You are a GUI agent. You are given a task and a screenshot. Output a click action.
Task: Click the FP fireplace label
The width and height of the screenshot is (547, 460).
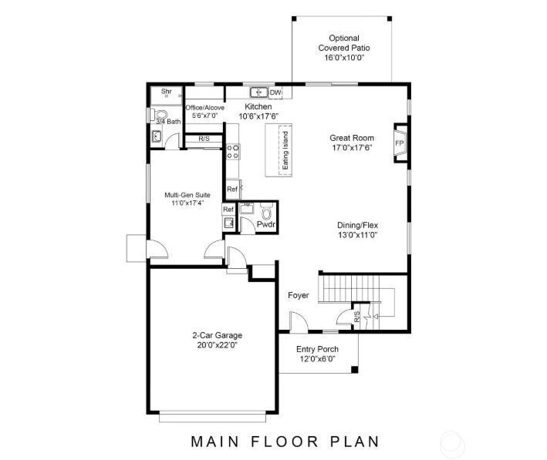399,143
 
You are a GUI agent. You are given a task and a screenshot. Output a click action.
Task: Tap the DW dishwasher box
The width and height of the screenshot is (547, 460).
275,93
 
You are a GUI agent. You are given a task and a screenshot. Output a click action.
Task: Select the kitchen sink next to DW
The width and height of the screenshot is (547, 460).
258,92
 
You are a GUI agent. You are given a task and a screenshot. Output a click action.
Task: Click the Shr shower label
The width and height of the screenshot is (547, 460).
166,92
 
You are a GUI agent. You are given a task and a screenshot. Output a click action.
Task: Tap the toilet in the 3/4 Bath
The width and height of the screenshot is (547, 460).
152,116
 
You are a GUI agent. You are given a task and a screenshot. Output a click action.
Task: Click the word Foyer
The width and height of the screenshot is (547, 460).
299,295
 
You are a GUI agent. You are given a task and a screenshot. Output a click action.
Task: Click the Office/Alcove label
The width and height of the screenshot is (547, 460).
205,107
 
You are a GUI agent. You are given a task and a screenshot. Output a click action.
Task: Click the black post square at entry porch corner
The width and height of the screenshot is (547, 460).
354,371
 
